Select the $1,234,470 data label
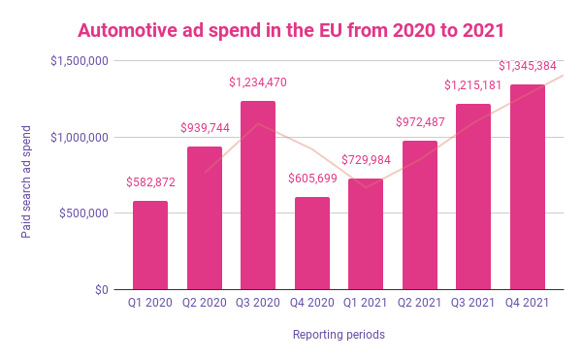click(258, 82)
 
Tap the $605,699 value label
click(312, 179)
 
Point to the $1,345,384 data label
click(528, 66)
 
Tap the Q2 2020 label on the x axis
click(205, 303)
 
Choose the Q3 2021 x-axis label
click(473, 303)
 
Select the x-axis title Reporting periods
click(339, 335)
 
